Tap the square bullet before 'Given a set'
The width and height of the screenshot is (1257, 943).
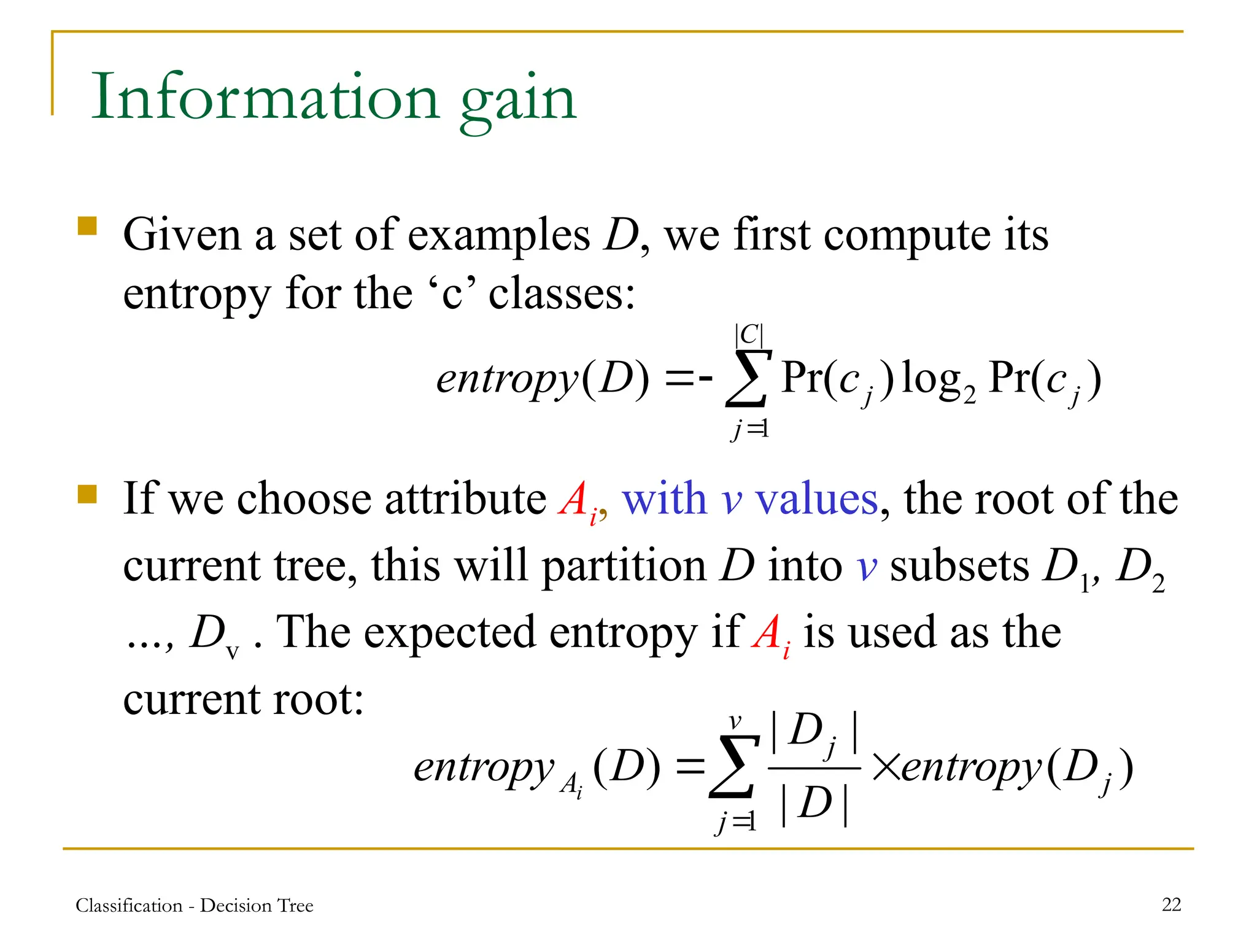click(x=88, y=226)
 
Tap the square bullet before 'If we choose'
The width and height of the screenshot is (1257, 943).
click(x=88, y=494)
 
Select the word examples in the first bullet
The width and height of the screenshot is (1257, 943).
click(x=498, y=236)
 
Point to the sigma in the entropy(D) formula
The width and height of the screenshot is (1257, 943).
click(x=748, y=378)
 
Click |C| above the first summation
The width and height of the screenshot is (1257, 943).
click(x=749, y=335)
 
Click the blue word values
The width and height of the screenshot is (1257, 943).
click(x=816, y=499)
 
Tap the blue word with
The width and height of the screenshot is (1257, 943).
click(x=665, y=499)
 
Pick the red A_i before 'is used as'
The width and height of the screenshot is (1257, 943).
click(x=771, y=634)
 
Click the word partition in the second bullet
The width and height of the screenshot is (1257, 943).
click(x=623, y=566)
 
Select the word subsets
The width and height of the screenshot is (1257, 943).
click(x=959, y=566)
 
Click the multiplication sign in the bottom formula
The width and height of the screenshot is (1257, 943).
click(x=886, y=767)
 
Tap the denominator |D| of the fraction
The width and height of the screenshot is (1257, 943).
click(x=814, y=804)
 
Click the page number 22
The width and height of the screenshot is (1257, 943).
click(x=1171, y=904)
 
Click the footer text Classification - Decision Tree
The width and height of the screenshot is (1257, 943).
click(x=195, y=906)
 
